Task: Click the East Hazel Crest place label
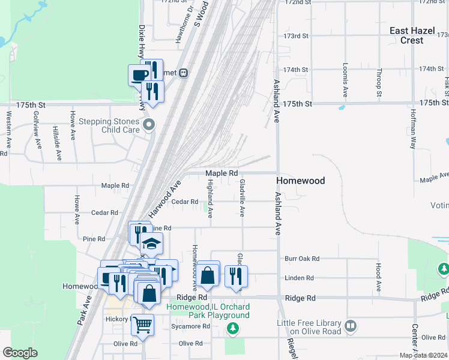point(415,35)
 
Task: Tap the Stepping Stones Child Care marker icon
point(149,125)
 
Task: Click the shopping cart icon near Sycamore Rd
point(142,325)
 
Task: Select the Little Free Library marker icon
point(351,326)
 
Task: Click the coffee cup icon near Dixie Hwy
point(139,75)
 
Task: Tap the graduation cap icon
point(151,244)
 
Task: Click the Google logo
point(20,353)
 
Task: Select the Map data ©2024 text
point(423,355)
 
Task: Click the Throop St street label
point(379,82)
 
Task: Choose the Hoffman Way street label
point(414,133)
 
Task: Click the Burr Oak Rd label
point(302,259)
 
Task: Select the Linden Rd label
point(300,278)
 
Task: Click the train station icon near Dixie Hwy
point(184,73)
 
